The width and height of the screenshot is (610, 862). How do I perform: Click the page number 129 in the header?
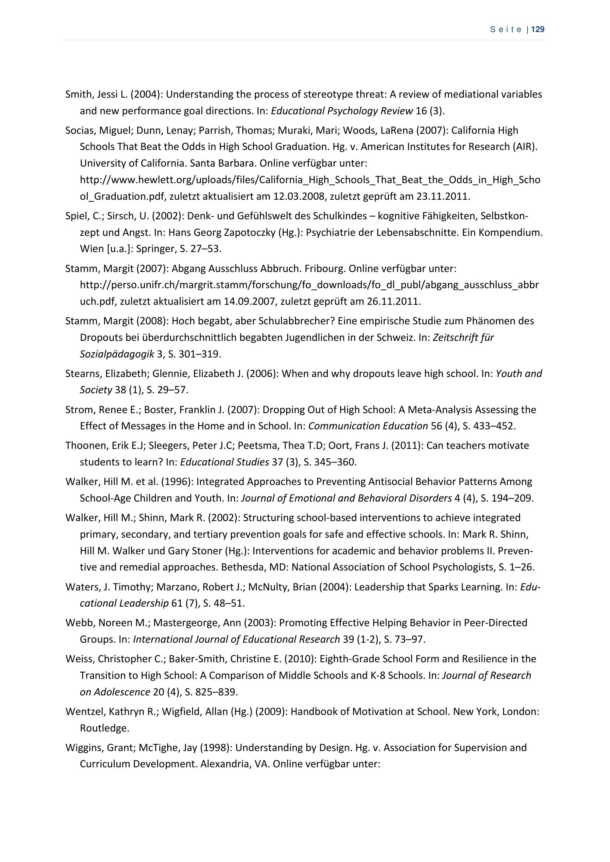point(538,29)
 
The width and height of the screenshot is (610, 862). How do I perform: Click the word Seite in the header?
point(506,29)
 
